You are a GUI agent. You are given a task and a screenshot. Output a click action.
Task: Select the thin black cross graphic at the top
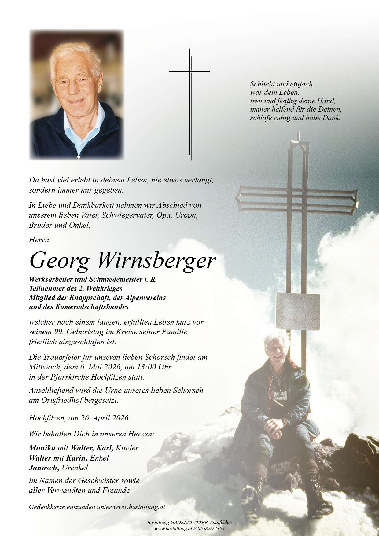(190, 104)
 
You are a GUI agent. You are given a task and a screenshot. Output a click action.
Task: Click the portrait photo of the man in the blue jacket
(76, 95)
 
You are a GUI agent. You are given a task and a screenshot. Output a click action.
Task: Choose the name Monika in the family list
(42, 448)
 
